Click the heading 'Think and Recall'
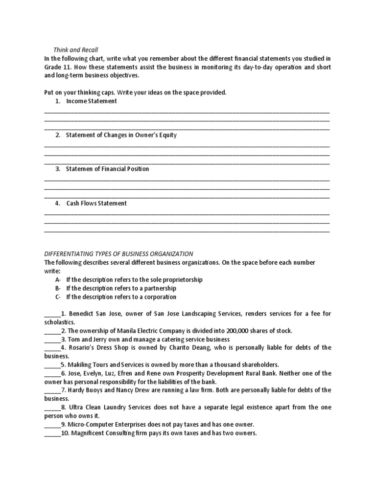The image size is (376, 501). (x=75, y=50)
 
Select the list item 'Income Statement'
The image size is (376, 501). (x=92, y=101)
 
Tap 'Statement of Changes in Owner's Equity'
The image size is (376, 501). (x=121, y=135)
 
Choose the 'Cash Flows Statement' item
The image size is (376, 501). (x=96, y=203)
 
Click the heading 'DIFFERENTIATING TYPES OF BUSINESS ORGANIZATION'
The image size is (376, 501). (x=118, y=254)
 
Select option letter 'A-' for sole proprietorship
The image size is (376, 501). (x=58, y=279)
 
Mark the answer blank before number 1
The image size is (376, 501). (x=52, y=314)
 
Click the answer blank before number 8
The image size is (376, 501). (x=52, y=407)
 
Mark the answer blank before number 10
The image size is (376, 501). (x=52, y=433)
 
